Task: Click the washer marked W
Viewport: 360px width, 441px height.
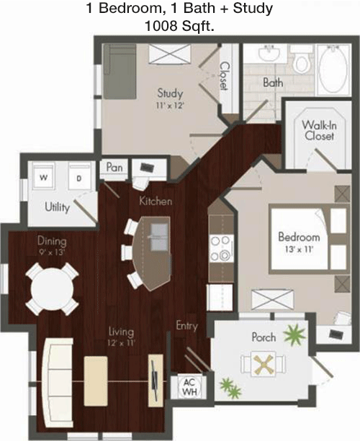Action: tap(44, 177)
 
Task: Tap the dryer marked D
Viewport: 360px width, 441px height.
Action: tap(79, 177)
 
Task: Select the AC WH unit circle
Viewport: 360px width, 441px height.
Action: tap(189, 387)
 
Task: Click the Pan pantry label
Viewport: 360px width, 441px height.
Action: tap(114, 168)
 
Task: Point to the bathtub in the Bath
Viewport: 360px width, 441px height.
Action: tap(333, 70)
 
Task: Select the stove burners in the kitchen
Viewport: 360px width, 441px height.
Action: tap(221, 248)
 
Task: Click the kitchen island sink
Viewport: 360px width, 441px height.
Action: tap(160, 237)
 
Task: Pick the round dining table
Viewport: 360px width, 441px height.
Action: tap(52, 288)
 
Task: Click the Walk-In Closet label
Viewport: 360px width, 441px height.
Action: tap(319, 130)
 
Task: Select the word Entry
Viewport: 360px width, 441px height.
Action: tap(187, 326)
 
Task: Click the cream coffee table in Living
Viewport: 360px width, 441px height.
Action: tap(96, 381)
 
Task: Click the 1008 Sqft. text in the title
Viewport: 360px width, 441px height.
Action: tap(179, 26)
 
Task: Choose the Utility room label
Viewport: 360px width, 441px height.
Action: tap(58, 207)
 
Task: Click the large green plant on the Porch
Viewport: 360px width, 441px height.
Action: tap(294, 335)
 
